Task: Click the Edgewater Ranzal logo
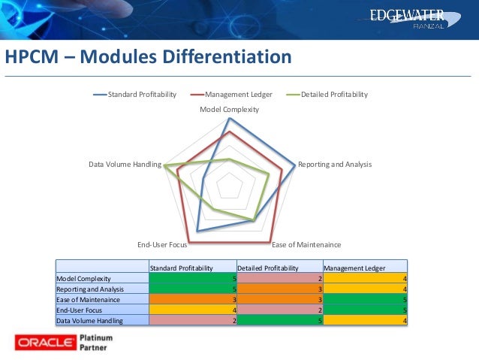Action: pyautogui.click(x=418, y=18)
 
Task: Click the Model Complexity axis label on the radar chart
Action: pyautogui.click(x=229, y=110)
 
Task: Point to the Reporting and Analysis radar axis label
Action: pyautogui.click(x=335, y=165)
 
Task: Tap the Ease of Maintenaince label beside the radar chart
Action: pyautogui.click(x=306, y=245)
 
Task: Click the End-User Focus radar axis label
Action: pyautogui.click(x=161, y=245)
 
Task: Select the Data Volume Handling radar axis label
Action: pyautogui.click(x=124, y=165)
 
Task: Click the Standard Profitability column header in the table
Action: pyautogui.click(x=182, y=268)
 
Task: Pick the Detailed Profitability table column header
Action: pyautogui.click(x=268, y=268)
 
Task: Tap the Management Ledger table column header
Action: pyautogui.click(x=354, y=268)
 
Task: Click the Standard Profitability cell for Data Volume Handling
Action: pyautogui.click(x=193, y=320)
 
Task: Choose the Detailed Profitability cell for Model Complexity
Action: pyautogui.click(x=279, y=279)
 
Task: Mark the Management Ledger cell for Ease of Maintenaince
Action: pyautogui.click(x=365, y=299)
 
